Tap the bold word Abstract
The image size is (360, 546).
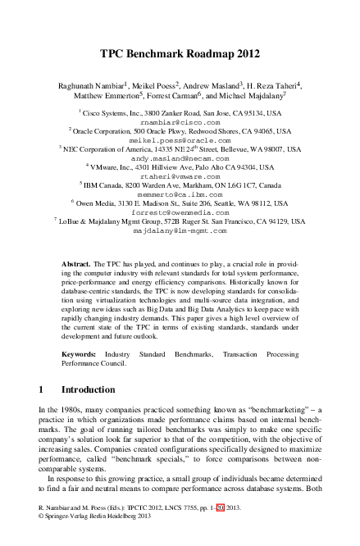coord(76,265)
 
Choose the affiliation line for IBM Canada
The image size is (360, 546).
coord(181,185)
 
